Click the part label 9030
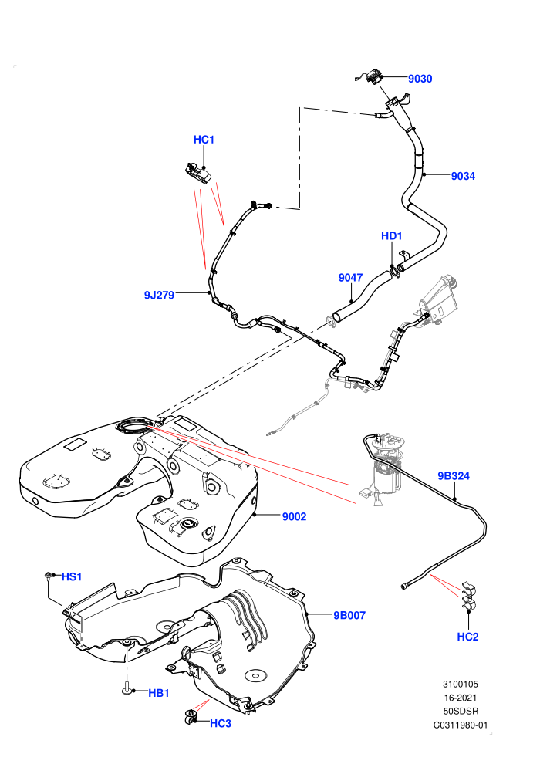pos(420,79)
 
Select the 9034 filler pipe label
pos(463,176)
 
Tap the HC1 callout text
pos(204,140)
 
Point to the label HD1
pos(391,236)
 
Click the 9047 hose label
pos(350,277)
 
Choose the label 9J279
pos(159,295)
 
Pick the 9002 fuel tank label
pos(294,516)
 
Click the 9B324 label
pos(454,475)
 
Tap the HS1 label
pos(72,577)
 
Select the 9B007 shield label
pos(349,615)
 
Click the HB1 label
pos(159,693)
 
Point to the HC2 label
pos(468,637)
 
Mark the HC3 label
pos(221,724)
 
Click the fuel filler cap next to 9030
pos(373,76)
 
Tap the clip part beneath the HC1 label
pos(197,174)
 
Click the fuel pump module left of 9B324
pos(385,468)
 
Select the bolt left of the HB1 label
pos(127,689)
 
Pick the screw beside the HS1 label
pos(48,576)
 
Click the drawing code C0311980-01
pos(460,725)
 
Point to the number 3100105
pos(460,684)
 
